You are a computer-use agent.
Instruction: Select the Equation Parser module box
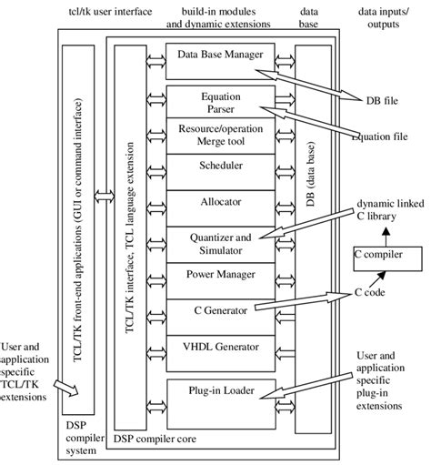pos(219,101)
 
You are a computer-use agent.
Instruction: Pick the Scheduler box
pos(219,167)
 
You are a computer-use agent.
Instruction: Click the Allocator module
pos(219,201)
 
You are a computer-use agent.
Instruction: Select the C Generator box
pos(219,310)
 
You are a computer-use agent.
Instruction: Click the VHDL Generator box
pos(219,345)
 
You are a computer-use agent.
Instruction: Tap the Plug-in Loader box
pos(219,393)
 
